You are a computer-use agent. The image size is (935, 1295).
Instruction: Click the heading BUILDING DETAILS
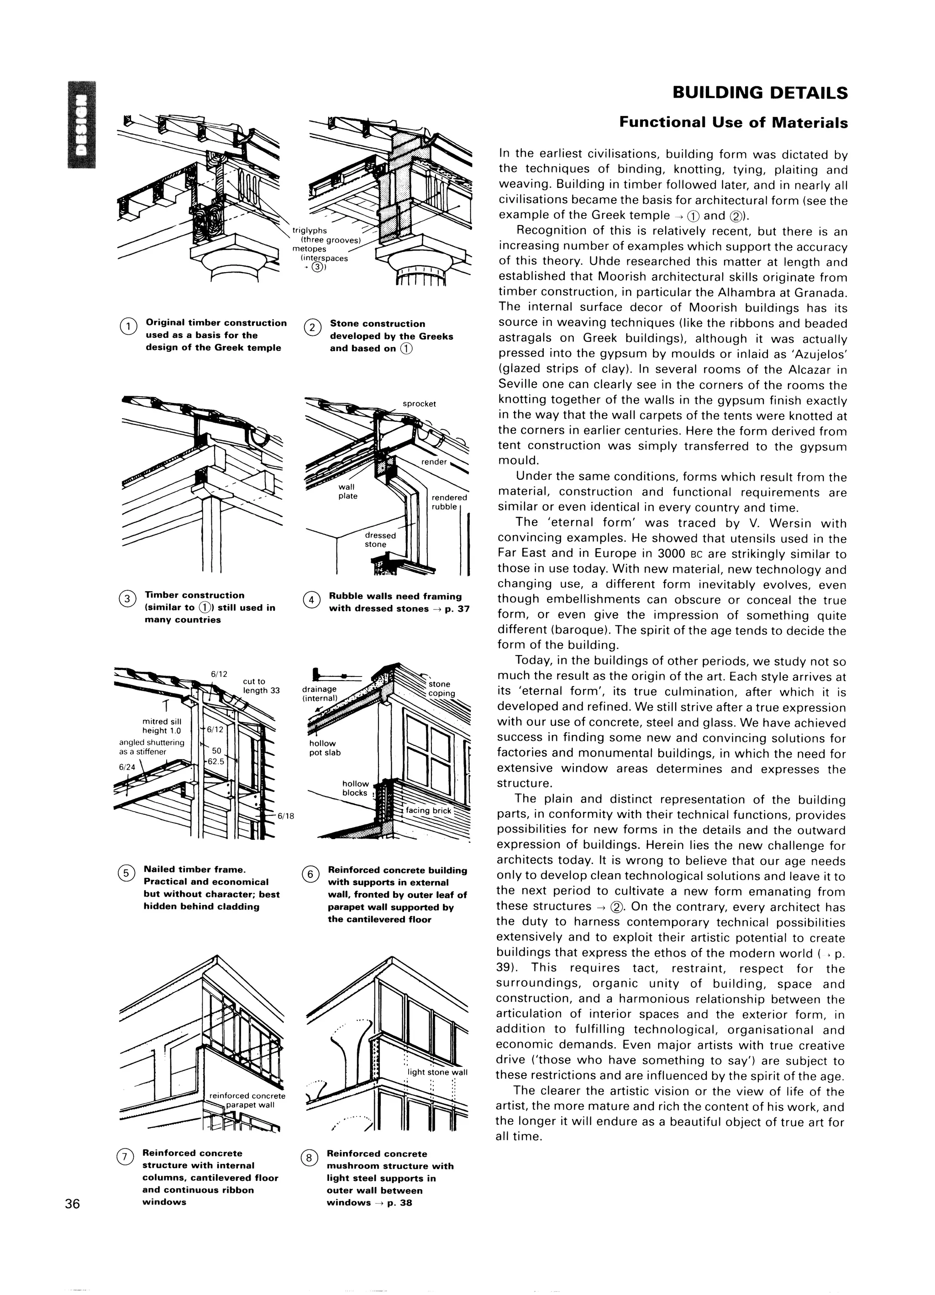pyautogui.click(x=760, y=93)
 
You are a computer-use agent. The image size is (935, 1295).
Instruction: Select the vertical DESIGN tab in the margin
pyautogui.click(x=82, y=126)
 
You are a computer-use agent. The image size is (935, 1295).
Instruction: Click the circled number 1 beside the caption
pyautogui.click(x=128, y=326)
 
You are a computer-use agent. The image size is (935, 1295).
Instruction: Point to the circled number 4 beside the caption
pyautogui.click(x=311, y=600)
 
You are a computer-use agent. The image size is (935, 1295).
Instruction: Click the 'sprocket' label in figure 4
pyautogui.click(x=419, y=404)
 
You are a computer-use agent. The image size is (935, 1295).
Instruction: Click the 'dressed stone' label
pyautogui.click(x=380, y=540)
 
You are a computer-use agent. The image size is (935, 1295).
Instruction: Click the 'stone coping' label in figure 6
pyautogui.click(x=441, y=689)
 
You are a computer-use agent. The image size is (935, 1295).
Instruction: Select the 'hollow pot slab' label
pyautogui.click(x=325, y=748)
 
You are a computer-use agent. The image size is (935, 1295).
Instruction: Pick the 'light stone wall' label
pyautogui.click(x=437, y=1072)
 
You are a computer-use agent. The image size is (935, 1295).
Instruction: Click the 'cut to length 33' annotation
pyautogui.click(x=260, y=685)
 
